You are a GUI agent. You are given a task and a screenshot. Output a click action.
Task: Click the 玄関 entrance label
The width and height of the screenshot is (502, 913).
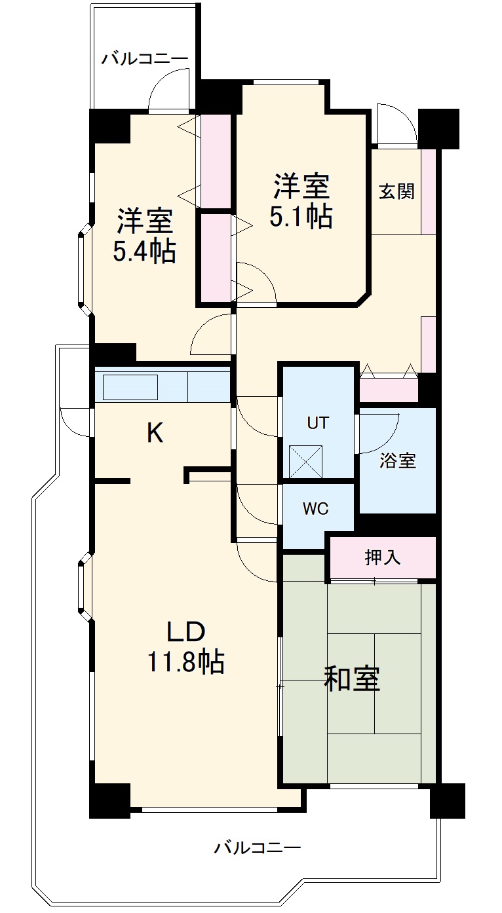tap(396, 192)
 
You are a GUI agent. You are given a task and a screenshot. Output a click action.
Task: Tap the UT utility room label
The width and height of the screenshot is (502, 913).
tap(318, 422)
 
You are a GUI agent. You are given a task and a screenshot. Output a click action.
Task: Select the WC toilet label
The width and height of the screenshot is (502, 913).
tap(315, 509)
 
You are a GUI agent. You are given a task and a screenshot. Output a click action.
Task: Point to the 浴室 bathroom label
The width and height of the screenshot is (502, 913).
tap(398, 460)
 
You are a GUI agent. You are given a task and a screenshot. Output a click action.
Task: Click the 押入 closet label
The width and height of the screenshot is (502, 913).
tap(383, 557)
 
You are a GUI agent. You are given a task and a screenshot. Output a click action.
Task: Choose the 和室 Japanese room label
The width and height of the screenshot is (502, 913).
tap(352, 679)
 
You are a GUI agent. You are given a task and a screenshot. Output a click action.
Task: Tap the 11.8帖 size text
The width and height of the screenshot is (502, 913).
tap(185, 663)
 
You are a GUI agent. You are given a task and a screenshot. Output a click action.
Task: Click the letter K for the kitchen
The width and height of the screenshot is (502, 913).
tap(155, 433)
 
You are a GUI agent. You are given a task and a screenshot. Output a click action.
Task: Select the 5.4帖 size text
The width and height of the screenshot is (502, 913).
tap(145, 251)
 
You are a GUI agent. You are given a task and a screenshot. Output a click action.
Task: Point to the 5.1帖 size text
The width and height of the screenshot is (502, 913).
tap(301, 217)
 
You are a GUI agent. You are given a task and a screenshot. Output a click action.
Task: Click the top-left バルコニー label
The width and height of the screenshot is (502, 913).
tap(145, 58)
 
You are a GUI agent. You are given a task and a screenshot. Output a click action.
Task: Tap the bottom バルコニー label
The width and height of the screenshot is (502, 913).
tap(258, 848)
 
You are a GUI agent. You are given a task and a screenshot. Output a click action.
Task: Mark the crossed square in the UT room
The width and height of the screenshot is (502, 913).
tap(305, 460)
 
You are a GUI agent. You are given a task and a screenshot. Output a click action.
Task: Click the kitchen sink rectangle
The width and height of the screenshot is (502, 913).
tap(130, 386)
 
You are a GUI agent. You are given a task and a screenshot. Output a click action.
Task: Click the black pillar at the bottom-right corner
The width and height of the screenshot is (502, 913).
tap(447, 800)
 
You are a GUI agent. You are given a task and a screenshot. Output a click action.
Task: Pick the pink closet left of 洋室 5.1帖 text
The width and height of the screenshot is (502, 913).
tap(216, 160)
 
